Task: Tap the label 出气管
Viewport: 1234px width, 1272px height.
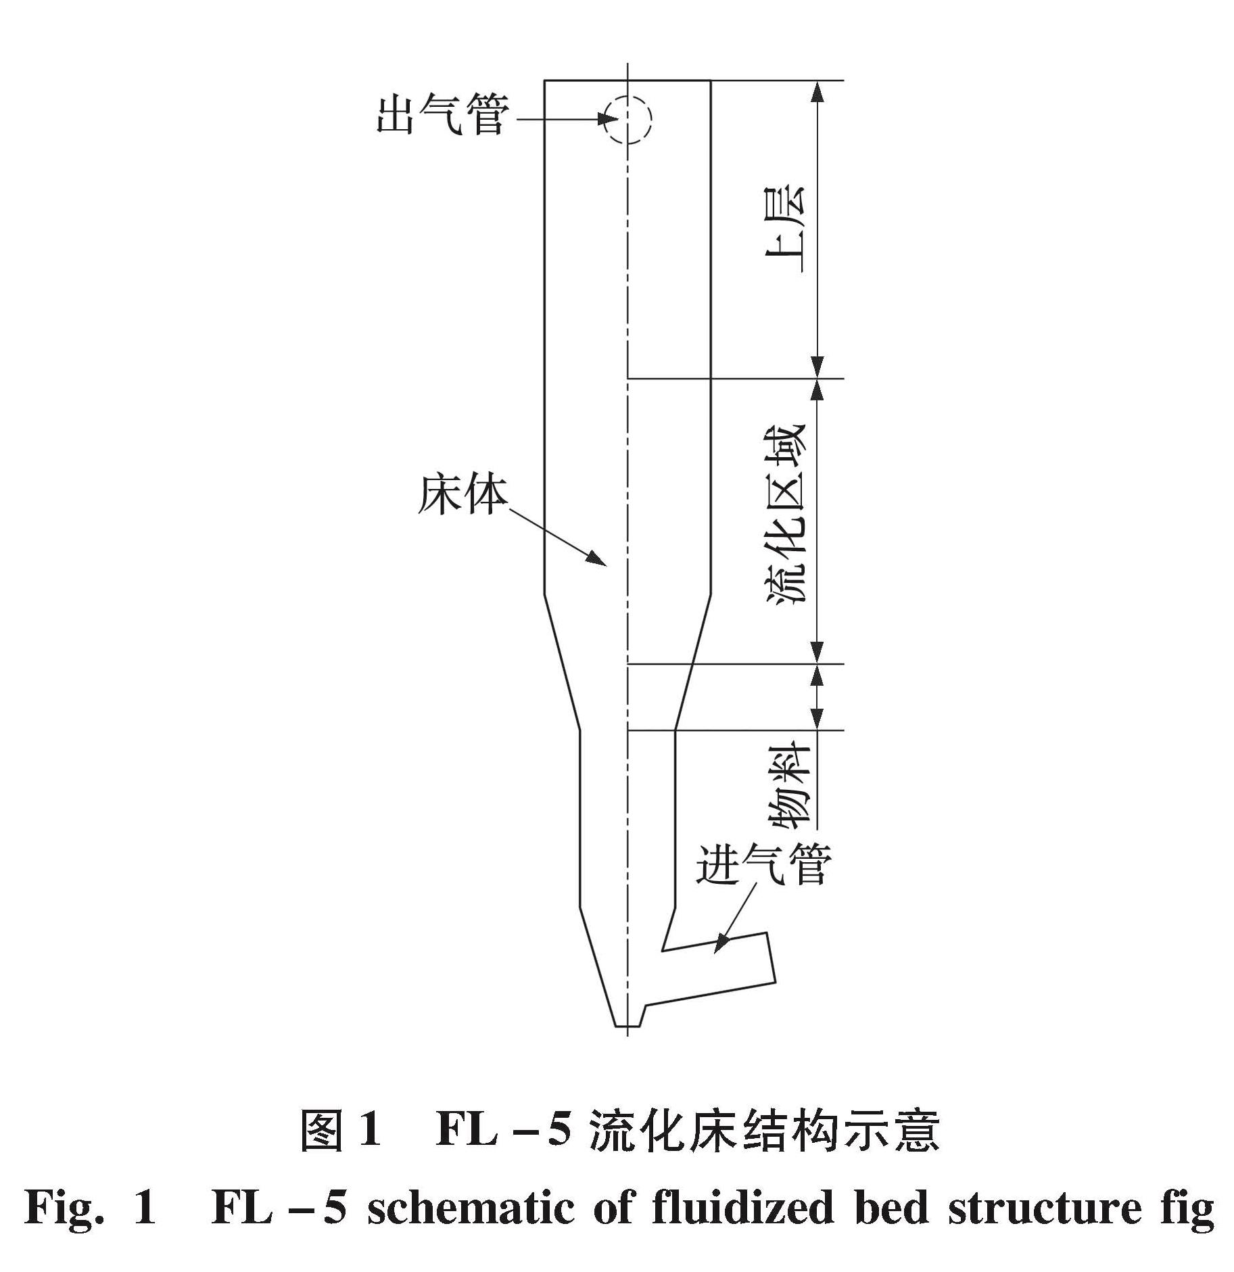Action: pyautogui.click(x=442, y=116)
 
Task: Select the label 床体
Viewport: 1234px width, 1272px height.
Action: pyautogui.click(x=462, y=496)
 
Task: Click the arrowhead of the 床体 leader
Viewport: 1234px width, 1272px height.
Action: pyautogui.click(x=597, y=558)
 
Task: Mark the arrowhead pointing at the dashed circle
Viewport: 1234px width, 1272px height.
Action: pyautogui.click(x=609, y=120)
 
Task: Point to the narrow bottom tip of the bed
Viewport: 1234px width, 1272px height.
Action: pyautogui.click(x=627, y=1025)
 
